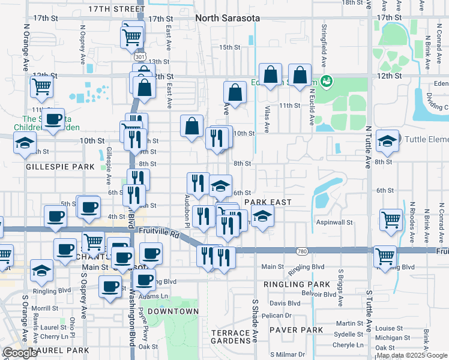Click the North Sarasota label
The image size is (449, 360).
click(228, 19)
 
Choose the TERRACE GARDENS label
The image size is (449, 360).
click(231, 337)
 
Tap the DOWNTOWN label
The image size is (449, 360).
click(172, 311)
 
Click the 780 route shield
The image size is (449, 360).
click(303, 250)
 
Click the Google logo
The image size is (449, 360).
click(20, 353)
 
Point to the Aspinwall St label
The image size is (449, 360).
click(334, 222)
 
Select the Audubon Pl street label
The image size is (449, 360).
click(187, 213)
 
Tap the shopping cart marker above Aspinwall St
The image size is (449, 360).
click(391, 220)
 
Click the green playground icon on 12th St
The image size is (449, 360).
click(327, 80)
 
